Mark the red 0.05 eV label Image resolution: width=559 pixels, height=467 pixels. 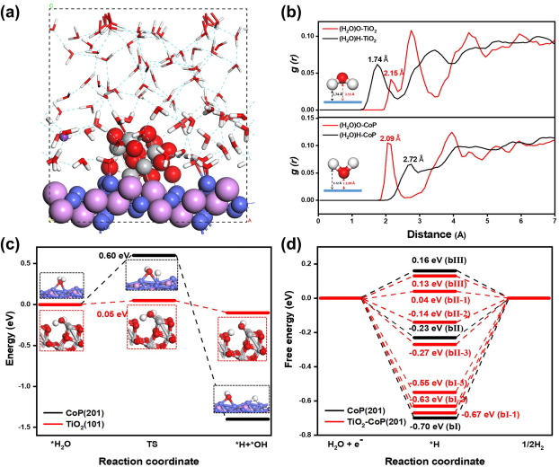109,314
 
